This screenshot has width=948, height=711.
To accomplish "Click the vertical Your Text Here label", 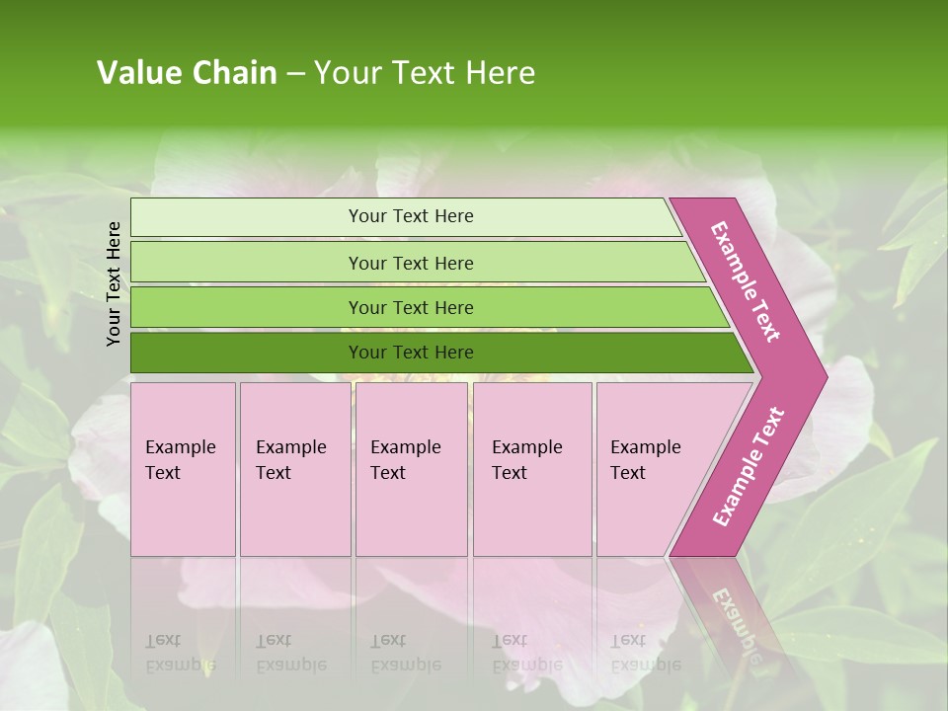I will coord(114,283).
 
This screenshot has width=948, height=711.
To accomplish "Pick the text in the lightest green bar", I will coord(411,216).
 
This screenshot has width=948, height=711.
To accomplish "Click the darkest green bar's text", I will coord(411,353).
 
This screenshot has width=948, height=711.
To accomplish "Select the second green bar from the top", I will coord(411,263).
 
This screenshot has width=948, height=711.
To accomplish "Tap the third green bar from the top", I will coord(411,308).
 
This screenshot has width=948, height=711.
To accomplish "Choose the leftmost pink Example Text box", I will coord(183,468).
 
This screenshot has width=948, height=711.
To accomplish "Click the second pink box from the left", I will coord(294,468).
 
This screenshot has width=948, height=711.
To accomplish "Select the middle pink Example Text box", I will coord(411,468).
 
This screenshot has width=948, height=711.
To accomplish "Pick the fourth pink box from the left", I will coord(531,468).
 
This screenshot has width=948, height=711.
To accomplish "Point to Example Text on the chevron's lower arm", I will coord(749,466).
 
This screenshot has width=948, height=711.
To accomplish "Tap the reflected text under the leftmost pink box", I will coord(180,653).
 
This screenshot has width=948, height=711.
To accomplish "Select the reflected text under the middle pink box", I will coord(405,653).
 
